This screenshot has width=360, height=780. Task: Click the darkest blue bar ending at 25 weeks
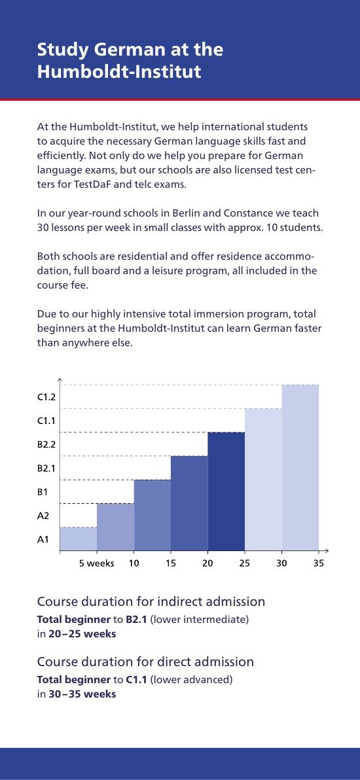[226, 491]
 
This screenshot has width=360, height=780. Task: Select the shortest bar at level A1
[78, 539]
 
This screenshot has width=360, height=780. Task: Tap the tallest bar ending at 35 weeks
[300, 468]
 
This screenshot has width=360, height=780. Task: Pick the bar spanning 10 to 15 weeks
[153, 516]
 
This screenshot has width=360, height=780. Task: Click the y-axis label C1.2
[46, 397]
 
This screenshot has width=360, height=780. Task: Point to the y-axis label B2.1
[46, 469]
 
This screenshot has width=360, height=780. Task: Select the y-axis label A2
[43, 516]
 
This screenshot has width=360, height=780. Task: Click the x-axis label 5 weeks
[97, 563]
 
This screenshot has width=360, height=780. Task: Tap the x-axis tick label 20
[207, 563]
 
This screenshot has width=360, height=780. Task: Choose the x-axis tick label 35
[319, 563]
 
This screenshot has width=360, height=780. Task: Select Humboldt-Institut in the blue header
[119, 71]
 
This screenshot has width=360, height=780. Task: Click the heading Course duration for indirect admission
[151, 601]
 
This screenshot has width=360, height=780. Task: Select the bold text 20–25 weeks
[82, 633]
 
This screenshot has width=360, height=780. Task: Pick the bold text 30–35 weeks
[82, 694]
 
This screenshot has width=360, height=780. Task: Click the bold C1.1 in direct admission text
[134, 679]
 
